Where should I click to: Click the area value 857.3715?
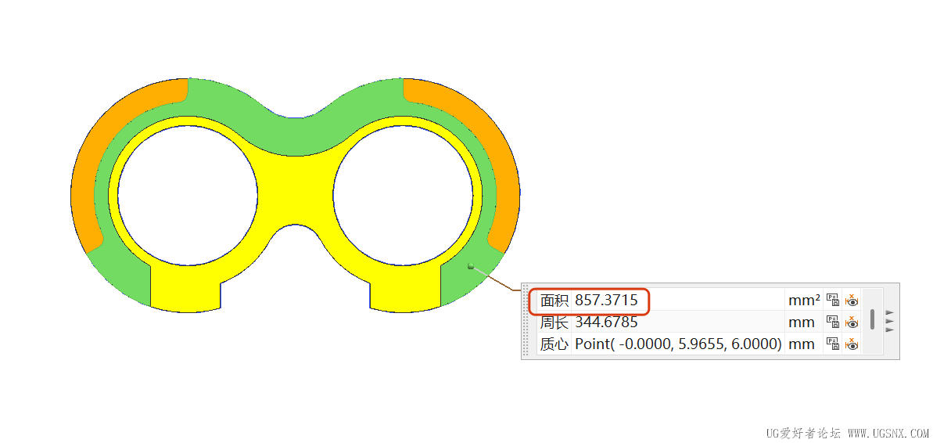coord(606,301)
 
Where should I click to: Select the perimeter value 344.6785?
coord(606,322)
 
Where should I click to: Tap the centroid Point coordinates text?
coord(678,344)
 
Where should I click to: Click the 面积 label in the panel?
coord(554,301)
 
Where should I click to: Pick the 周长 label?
coord(554,322)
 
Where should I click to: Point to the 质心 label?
coord(554,344)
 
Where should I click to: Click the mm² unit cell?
coord(804,301)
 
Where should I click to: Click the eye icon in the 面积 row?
coord(852,301)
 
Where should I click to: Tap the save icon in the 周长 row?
coord(832,322)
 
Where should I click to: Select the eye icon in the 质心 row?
coord(852,344)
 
